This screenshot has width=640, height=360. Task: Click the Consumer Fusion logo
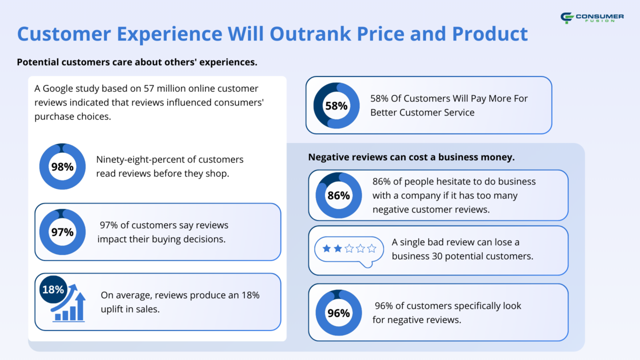pos(592,18)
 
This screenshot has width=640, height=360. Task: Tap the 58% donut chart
pos(336,105)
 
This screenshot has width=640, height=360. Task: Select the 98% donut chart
pos(62,166)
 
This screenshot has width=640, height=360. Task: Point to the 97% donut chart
pos(62,232)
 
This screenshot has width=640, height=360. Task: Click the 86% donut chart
pos(338,195)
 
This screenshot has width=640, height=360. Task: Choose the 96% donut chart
pos(338,313)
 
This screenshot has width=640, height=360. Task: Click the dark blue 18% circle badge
pos(53,289)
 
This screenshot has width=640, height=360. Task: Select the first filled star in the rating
pos(326,248)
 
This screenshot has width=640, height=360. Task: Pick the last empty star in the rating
pos(371,248)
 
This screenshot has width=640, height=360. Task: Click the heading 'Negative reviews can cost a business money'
pos(411,157)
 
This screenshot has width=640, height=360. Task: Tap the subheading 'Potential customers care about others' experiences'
pos(137,62)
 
